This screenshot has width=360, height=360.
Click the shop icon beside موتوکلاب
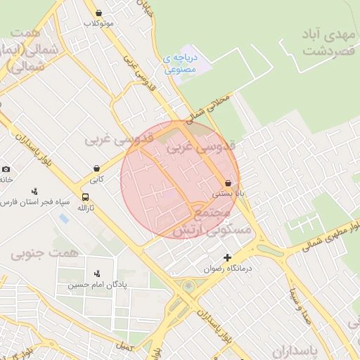[x=98, y=13]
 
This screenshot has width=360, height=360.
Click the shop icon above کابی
[x=96, y=168]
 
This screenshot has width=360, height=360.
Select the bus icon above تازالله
[x=85, y=197]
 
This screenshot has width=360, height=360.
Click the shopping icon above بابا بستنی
[x=229, y=182]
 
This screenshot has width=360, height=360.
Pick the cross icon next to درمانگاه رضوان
[x=226, y=257]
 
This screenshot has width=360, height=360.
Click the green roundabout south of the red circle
[x=188, y=286]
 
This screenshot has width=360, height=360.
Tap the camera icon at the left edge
[x=6, y=169]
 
